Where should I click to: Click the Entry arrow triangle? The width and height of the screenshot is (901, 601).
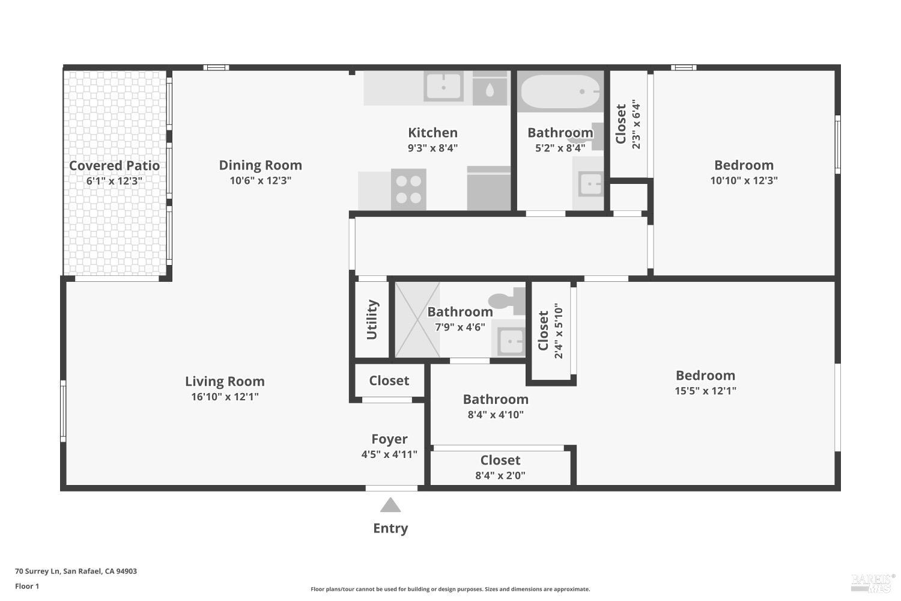pyautogui.click(x=390, y=505)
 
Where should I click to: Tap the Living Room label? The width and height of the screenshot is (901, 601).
pyautogui.click(x=225, y=381)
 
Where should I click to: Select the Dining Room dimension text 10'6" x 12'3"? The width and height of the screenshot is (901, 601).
pyautogui.click(x=260, y=180)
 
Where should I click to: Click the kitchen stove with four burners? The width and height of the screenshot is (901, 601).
pyautogui.click(x=408, y=189)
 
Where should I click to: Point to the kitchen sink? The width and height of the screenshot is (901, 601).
pyautogui.click(x=443, y=86)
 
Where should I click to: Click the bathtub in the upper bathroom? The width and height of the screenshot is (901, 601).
pyautogui.click(x=560, y=91)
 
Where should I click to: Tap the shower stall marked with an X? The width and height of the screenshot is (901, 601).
pyautogui.click(x=417, y=320)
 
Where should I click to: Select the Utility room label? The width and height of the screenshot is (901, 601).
pyautogui.click(x=372, y=320)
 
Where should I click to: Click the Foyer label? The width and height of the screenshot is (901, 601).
pyautogui.click(x=389, y=439)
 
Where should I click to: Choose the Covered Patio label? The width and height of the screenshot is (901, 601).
pyautogui.click(x=114, y=166)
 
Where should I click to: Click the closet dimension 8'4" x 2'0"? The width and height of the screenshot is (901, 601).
pyautogui.click(x=500, y=475)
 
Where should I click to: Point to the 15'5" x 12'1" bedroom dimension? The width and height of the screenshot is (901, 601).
pyautogui.click(x=705, y=391)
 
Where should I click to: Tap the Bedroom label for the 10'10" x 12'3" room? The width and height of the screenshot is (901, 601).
pyautogui.click(x=744, y=165)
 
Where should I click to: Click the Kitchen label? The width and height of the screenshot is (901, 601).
pyautogui.click(x=432, y=133)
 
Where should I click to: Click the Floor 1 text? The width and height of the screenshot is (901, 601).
pyautogui.click(x=27, y=586)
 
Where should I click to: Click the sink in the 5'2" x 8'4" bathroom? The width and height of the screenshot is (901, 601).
pyautogui.click(x=589, y=184)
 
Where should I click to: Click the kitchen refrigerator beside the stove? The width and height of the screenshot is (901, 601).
pyautogui.click(x=489, y=188)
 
